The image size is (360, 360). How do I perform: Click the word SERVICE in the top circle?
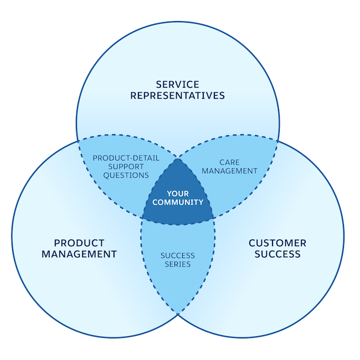tap(177, 85)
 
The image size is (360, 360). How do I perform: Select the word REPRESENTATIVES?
tap(177, 95)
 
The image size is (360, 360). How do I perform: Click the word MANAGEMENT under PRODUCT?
tap(85, 254)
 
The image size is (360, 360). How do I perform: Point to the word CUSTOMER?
tap(277, 243)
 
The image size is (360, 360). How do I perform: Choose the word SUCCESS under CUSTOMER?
tap(277, 254)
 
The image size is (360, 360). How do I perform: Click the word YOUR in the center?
tap(178, 193)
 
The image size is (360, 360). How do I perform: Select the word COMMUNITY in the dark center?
tap(178, 202)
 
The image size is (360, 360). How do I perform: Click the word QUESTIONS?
tap(126, 175)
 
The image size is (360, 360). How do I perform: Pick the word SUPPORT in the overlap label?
tap(126, 166)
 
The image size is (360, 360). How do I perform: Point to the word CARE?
tap(229, 162)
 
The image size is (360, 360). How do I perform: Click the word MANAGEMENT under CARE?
tap(229, 171)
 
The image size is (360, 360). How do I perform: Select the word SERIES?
tap(177, 264)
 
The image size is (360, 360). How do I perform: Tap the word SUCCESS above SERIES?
tap(177, 255)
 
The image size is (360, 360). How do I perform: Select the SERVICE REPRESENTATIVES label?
tap(177, 90)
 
